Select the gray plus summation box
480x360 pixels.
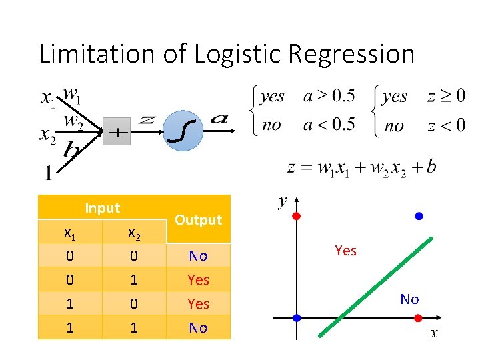[117, 132]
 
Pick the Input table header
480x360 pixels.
[103, 208]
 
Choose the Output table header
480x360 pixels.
[198, 220]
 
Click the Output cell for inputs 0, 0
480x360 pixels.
[198, 256]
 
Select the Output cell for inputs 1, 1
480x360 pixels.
[198, 328]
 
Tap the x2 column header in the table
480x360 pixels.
[133, 233]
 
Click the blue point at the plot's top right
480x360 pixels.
[419, 216]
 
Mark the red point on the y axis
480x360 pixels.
[297, 216]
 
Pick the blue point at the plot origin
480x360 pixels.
[297, 317]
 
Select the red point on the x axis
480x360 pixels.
[419, 317]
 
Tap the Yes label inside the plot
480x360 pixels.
[345, 251]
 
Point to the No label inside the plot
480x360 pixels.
[409, 299]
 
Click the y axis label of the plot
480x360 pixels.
[283, 201]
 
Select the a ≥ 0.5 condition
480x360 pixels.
[329, 96]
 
